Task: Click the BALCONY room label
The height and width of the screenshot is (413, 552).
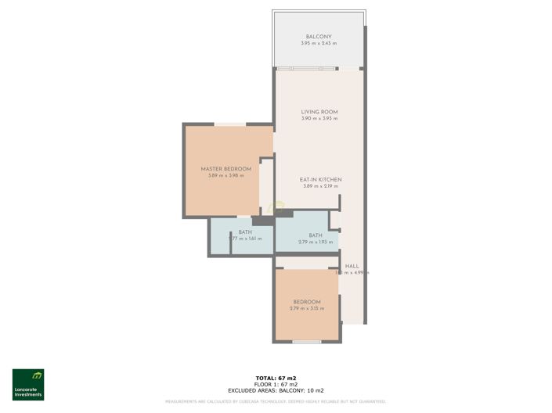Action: [x=319, y=37]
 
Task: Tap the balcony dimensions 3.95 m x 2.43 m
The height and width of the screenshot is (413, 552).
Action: [x=319, y=44]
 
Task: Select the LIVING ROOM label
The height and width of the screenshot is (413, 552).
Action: [x=319, y=112]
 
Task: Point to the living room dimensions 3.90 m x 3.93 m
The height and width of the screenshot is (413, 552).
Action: [x=319, y=119]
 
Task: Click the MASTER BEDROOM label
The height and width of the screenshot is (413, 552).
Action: [x=226, y=169]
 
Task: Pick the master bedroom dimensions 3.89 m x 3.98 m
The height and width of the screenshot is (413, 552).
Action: [x=226, y=176]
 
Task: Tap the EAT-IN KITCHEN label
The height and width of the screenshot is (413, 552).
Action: [x=321, y=179]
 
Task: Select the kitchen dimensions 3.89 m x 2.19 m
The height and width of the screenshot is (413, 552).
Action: [x=321, y=186]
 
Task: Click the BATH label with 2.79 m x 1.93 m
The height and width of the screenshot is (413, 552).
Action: [x=316, y=235]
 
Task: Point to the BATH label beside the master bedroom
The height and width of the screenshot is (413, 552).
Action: [x=245, y=232]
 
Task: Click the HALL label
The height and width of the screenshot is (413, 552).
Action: [x=352, y=266]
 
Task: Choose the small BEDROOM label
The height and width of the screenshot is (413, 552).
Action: [x=307, y=302]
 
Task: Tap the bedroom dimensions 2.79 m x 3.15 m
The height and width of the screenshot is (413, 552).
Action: [x=307, y=309]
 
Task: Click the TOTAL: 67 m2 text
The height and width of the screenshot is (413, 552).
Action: [x=276, y=378]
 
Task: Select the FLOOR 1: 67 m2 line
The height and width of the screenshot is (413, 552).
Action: [x=276, y=384]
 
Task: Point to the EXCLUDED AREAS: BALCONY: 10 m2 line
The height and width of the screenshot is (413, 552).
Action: [x=276, y=390]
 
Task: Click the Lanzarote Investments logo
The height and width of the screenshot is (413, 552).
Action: [x=28, y=384]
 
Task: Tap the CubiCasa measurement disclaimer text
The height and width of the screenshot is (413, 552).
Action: [x=276, y=401]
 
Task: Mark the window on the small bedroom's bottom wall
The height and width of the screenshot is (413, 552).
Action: [x=307, y=342]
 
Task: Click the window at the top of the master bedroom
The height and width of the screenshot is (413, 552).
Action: [x=230, y=124]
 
